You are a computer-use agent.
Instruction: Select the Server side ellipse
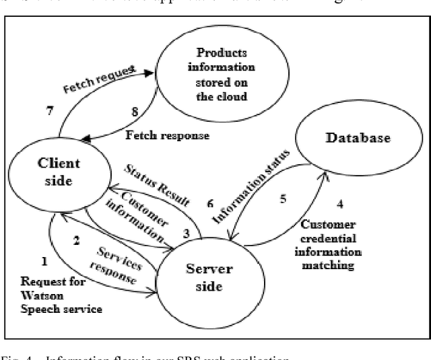tap(209, 277)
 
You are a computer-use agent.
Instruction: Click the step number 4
tap(339, 203)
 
